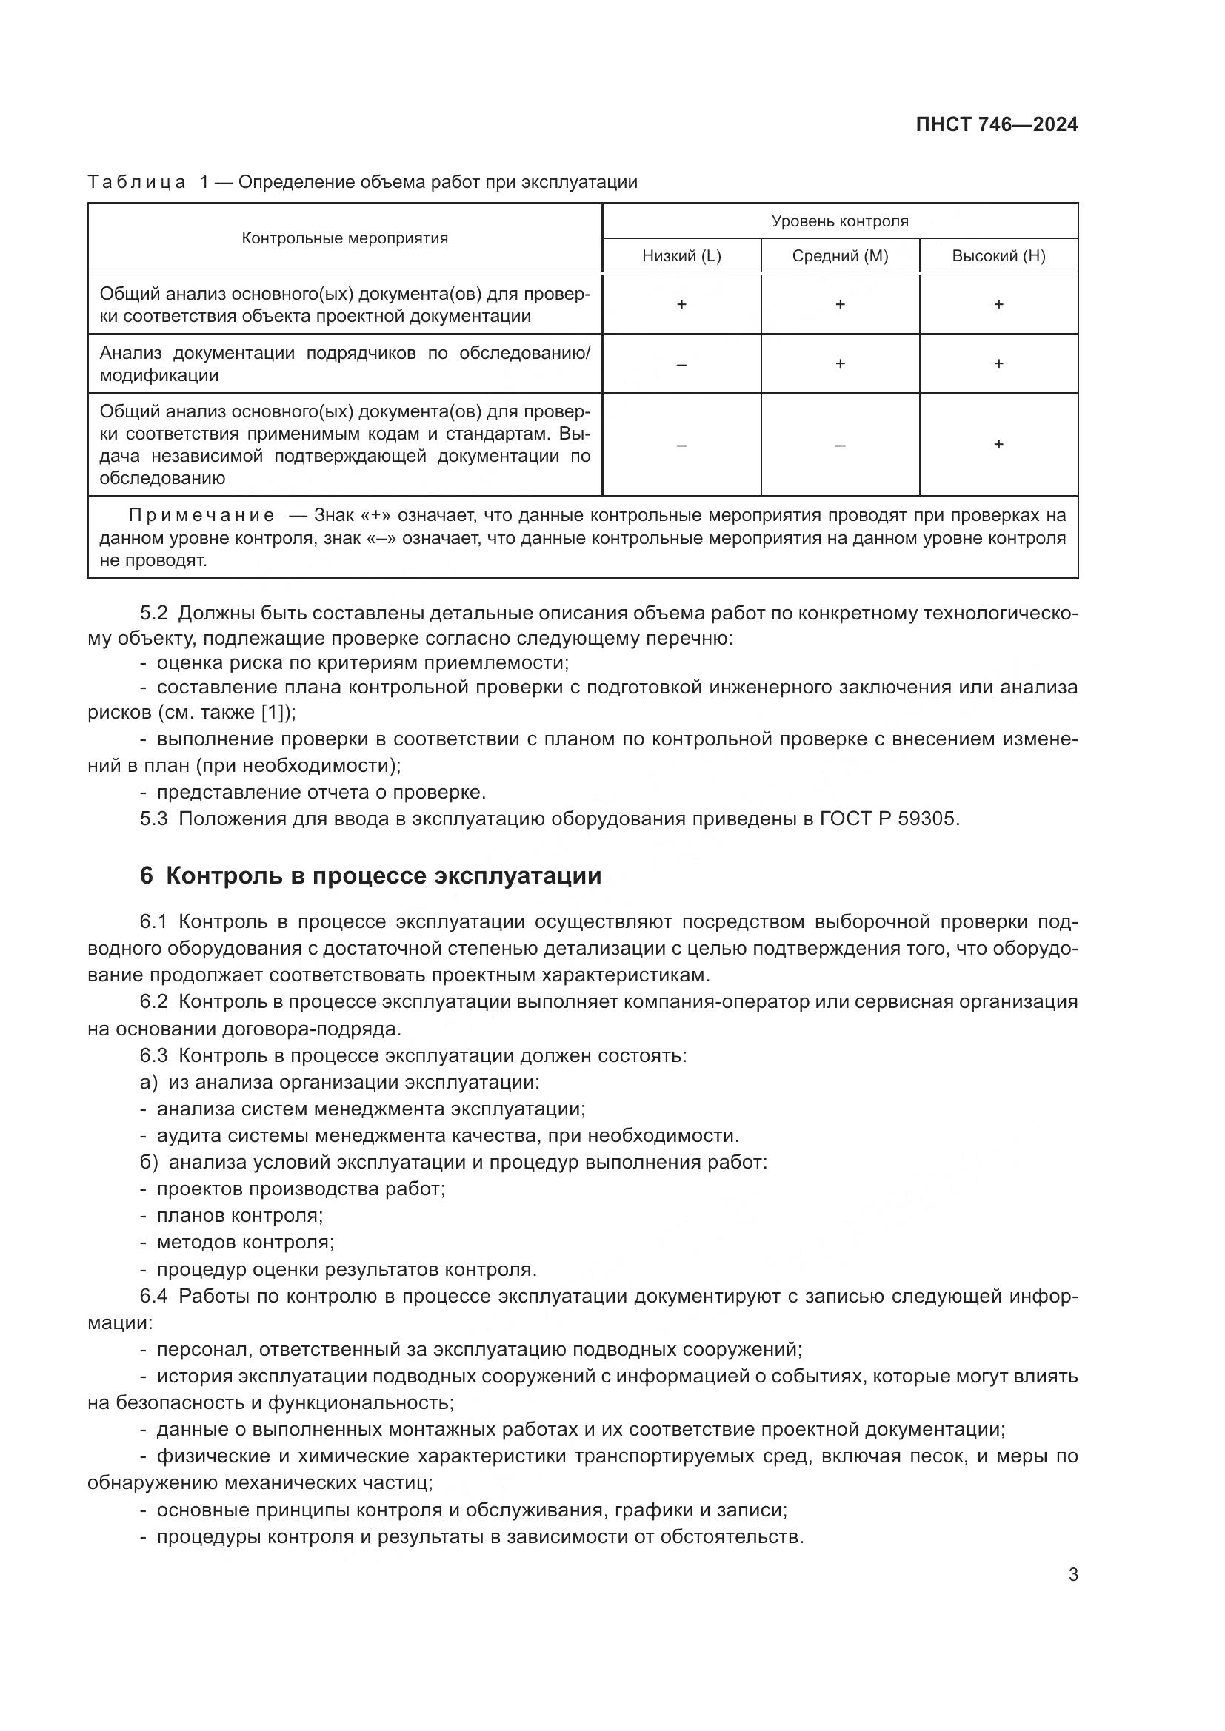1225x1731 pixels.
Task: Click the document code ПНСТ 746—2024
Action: (x=995, y=125)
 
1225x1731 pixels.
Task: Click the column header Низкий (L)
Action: (x=681, y=256)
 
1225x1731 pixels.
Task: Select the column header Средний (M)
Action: (x=840, y=256)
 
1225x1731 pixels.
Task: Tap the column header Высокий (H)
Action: (x=998, y=256)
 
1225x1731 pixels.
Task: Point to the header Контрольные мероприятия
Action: (x=344, y=239)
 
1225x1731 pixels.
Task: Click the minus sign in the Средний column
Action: (x=840, y=445)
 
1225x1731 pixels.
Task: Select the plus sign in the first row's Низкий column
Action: (x=681, y=305)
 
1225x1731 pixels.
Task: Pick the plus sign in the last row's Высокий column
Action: (x=998, y=444)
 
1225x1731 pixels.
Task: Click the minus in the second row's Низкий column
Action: (x=681, y=364)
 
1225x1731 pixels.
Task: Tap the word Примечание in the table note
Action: (x=201, y=516)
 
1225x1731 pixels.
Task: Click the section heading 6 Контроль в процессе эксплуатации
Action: (x=370, y=876)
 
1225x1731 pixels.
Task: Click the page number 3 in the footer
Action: (x=1072, y=1575)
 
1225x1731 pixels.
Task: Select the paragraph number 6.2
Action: (x=153, y=1002)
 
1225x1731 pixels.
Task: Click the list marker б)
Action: (x=149, y=1162)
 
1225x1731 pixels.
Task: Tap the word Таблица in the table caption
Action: (x=136, y=183)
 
